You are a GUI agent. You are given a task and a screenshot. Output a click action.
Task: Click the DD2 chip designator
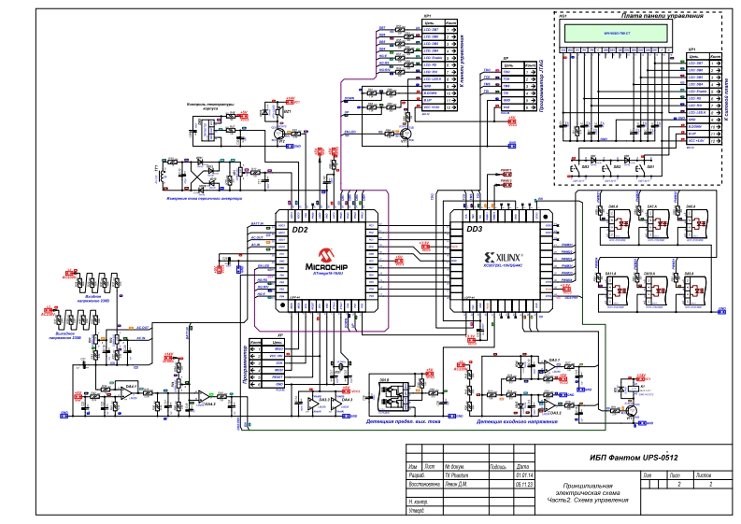300,229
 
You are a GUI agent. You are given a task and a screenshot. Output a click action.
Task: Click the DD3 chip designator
474,229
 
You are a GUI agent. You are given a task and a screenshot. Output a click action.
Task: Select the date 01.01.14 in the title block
523,475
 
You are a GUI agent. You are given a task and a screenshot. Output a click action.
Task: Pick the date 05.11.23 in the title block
523,484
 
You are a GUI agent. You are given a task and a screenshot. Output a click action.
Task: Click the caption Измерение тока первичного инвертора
198,199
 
